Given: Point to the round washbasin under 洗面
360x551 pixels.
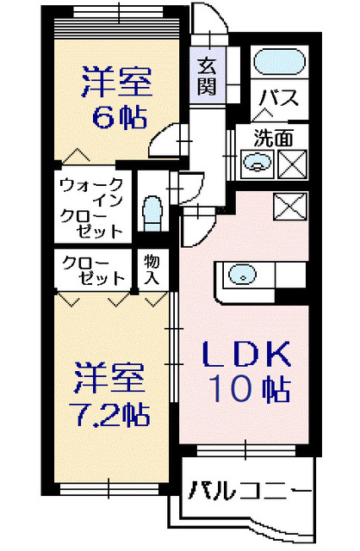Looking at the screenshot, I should coord(256,161).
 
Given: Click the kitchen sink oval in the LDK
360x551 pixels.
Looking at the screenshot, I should coord(242,275).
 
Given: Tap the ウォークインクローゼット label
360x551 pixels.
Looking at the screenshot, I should coord(90,207).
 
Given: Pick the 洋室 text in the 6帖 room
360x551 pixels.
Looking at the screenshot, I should coord(118,83).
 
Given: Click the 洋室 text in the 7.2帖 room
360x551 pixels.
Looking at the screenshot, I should coord(108,379).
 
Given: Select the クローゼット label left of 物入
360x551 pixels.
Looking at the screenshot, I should coord(91,269).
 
